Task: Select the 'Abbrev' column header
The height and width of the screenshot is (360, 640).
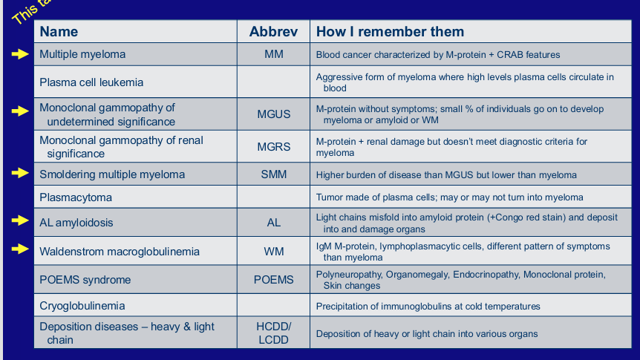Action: [x=273, y=32]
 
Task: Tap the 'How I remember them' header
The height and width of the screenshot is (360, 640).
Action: [x=390, y=32]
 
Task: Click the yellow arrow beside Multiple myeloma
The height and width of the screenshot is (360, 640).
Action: [x=20, y=54]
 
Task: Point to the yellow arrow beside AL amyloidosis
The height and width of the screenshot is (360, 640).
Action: [x=20, y=221]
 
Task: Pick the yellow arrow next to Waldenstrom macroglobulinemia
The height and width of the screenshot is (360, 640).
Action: [x=20, y=250]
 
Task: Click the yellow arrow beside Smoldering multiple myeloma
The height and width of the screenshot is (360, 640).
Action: [x=20, y=174]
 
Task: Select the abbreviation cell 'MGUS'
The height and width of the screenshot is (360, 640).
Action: [x=273, y=114]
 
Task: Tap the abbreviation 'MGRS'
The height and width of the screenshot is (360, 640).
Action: [x=273, y=147]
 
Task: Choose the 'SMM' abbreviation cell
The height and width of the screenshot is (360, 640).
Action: [x=273, y=175]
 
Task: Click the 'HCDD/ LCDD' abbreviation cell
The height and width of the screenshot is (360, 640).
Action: [x=273, y=333]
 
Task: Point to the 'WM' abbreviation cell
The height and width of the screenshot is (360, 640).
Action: [x=273, y=252]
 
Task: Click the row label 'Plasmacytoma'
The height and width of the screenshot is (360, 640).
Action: [x=76, y=197]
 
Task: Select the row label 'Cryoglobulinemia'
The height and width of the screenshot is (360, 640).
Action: [x=82, y=306]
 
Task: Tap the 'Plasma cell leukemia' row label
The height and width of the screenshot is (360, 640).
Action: [x=91, y=82]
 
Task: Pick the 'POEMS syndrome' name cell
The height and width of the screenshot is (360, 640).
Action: [x=85, y=280]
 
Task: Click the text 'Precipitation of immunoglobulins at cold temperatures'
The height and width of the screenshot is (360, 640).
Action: [x=428, y=306]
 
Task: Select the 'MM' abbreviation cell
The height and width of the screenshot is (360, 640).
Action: [x=273, y=55]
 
